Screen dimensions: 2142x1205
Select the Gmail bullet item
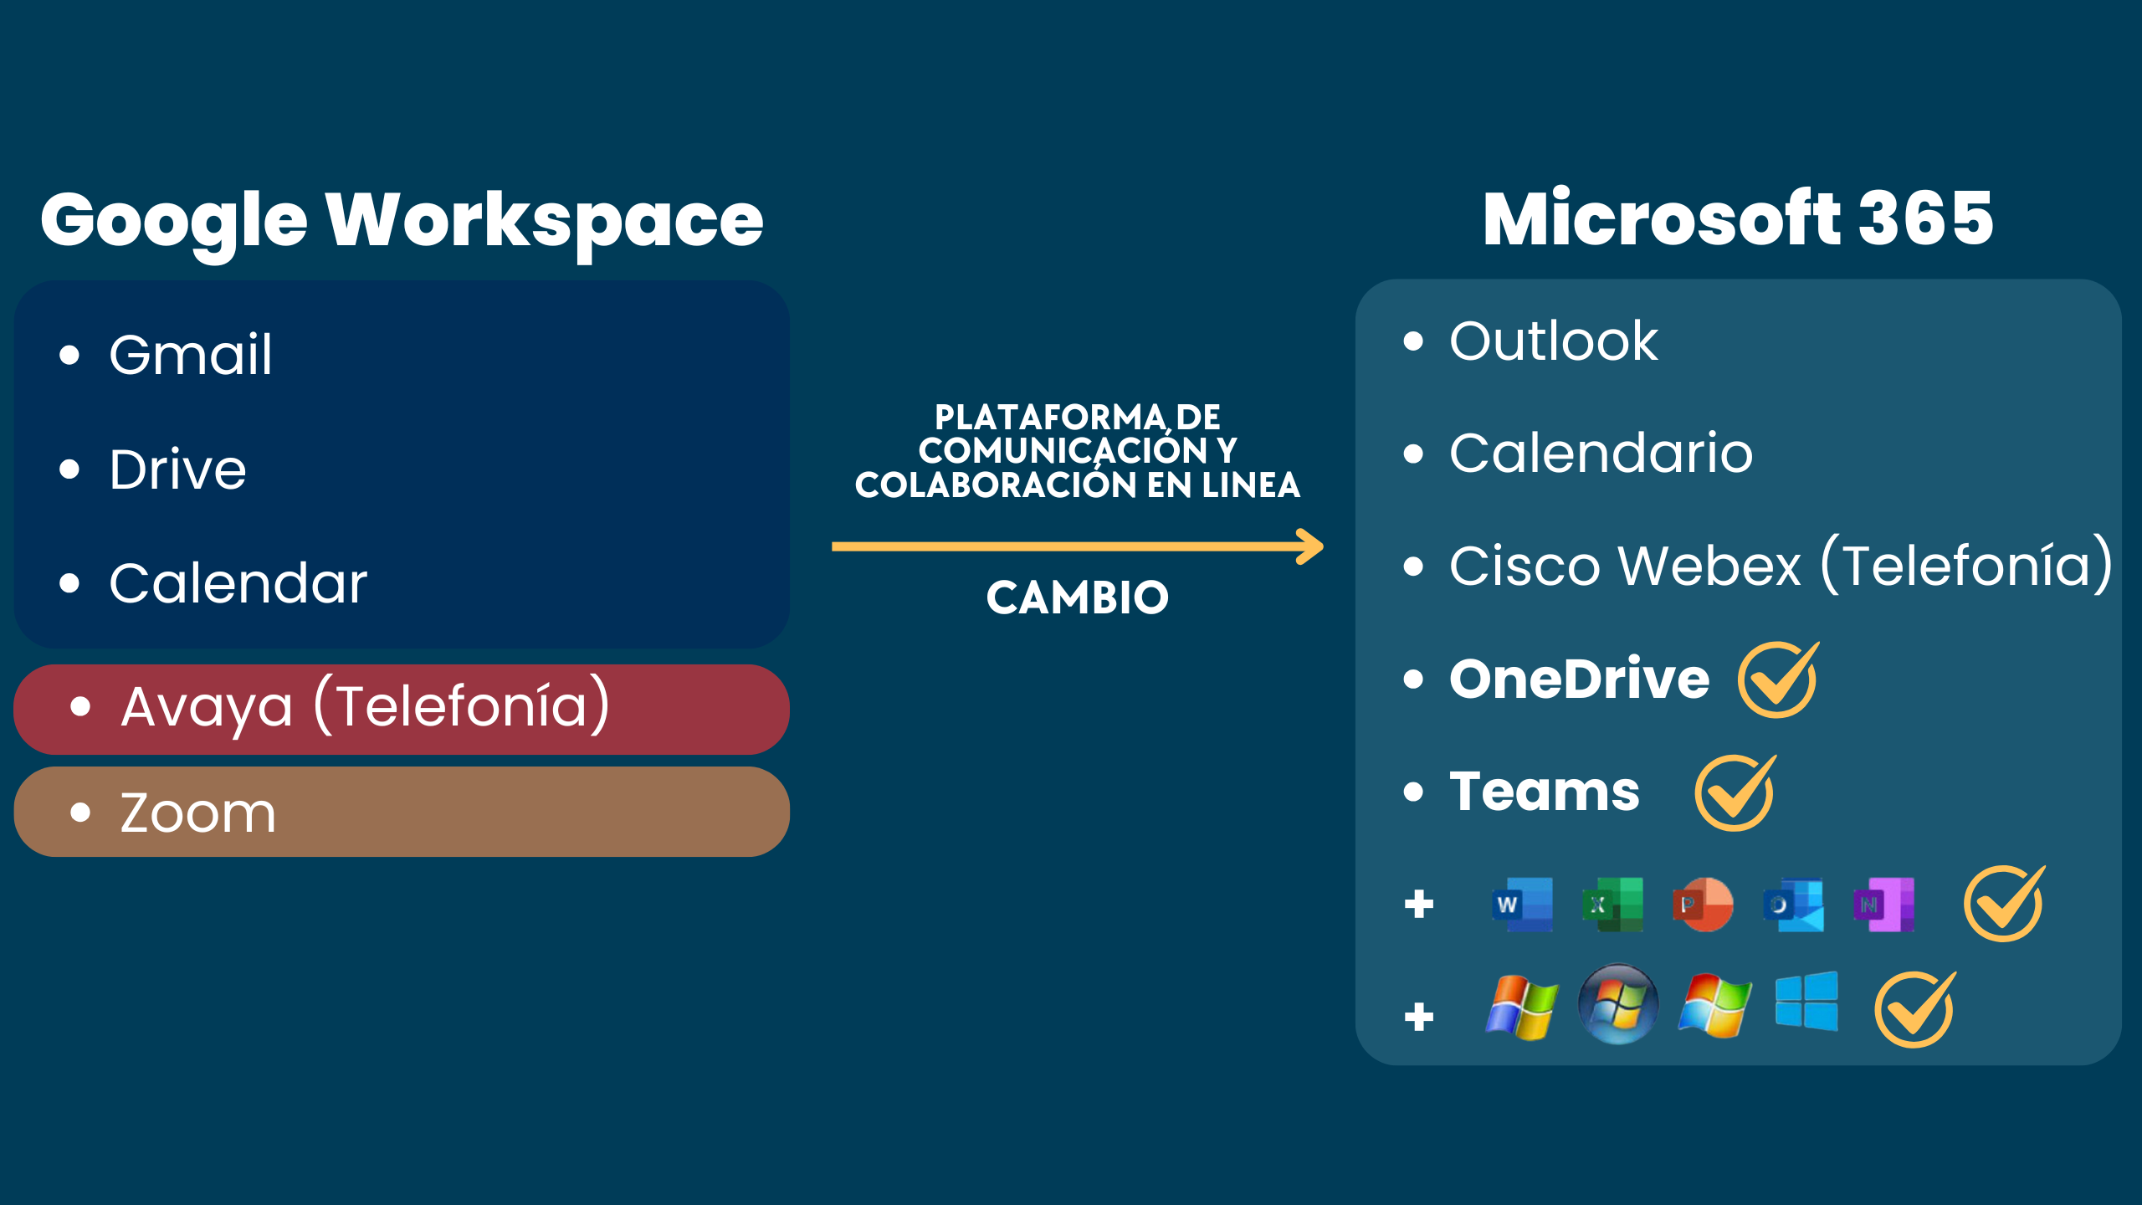(191, 354)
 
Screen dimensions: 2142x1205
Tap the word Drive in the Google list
(177, 469)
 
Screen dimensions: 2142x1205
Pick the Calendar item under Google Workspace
(238, 582)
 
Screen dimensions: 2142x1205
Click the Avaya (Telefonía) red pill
(402, 709)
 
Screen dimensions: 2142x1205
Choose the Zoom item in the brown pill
(197, 813)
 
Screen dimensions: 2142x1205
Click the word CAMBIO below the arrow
(1077, 597)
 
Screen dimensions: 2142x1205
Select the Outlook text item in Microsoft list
(1553, 341)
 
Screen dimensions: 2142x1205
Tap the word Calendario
(1601, 453)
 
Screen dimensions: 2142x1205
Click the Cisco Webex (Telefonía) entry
(1781, 565)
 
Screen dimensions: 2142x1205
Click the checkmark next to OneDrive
(1778, 679)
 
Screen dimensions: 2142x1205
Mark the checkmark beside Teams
(1735, 792)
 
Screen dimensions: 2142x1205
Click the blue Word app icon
(1522, 904)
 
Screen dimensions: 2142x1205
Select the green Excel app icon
(1612, 904)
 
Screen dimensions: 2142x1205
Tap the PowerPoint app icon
(1703, 904)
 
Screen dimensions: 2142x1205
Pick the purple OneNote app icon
(1883, 904)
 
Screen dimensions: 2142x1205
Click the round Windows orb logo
(1618, 1004)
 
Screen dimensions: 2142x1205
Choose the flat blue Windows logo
(1806, 1002)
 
